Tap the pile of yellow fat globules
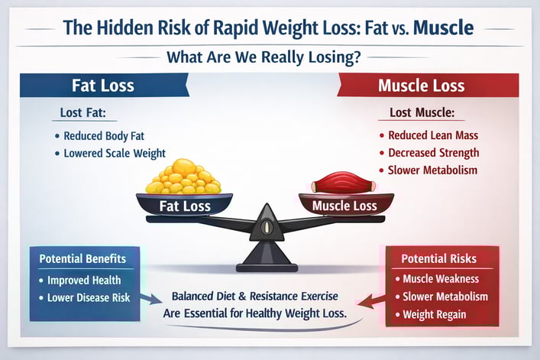click(x=183, y=177)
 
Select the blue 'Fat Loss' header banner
click(x=104, y=84)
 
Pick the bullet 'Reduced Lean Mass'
click(x=432, y=136)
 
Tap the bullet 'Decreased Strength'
click(x=432, y=153)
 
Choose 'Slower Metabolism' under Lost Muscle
click(x=432, y=170)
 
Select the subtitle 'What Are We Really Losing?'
click(x=270, y=57)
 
